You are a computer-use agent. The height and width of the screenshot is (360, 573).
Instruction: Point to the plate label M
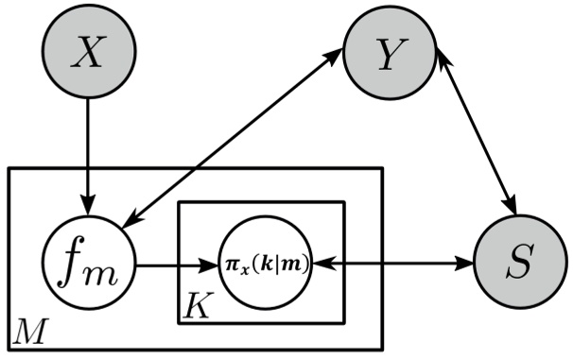pyautogui.click(x=26, y=331)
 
